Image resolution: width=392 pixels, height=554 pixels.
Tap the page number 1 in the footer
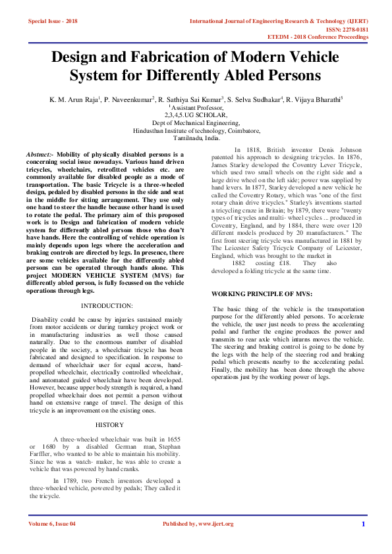(363, 524)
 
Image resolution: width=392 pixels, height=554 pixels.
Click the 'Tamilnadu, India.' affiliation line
(196, 139)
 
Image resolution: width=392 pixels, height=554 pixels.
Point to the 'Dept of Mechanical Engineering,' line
(196, 122)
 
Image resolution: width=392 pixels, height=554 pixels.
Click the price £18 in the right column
(285, 263)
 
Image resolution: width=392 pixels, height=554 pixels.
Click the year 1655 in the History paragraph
(174, 438)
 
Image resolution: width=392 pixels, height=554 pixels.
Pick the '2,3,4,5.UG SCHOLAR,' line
(196, 114)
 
